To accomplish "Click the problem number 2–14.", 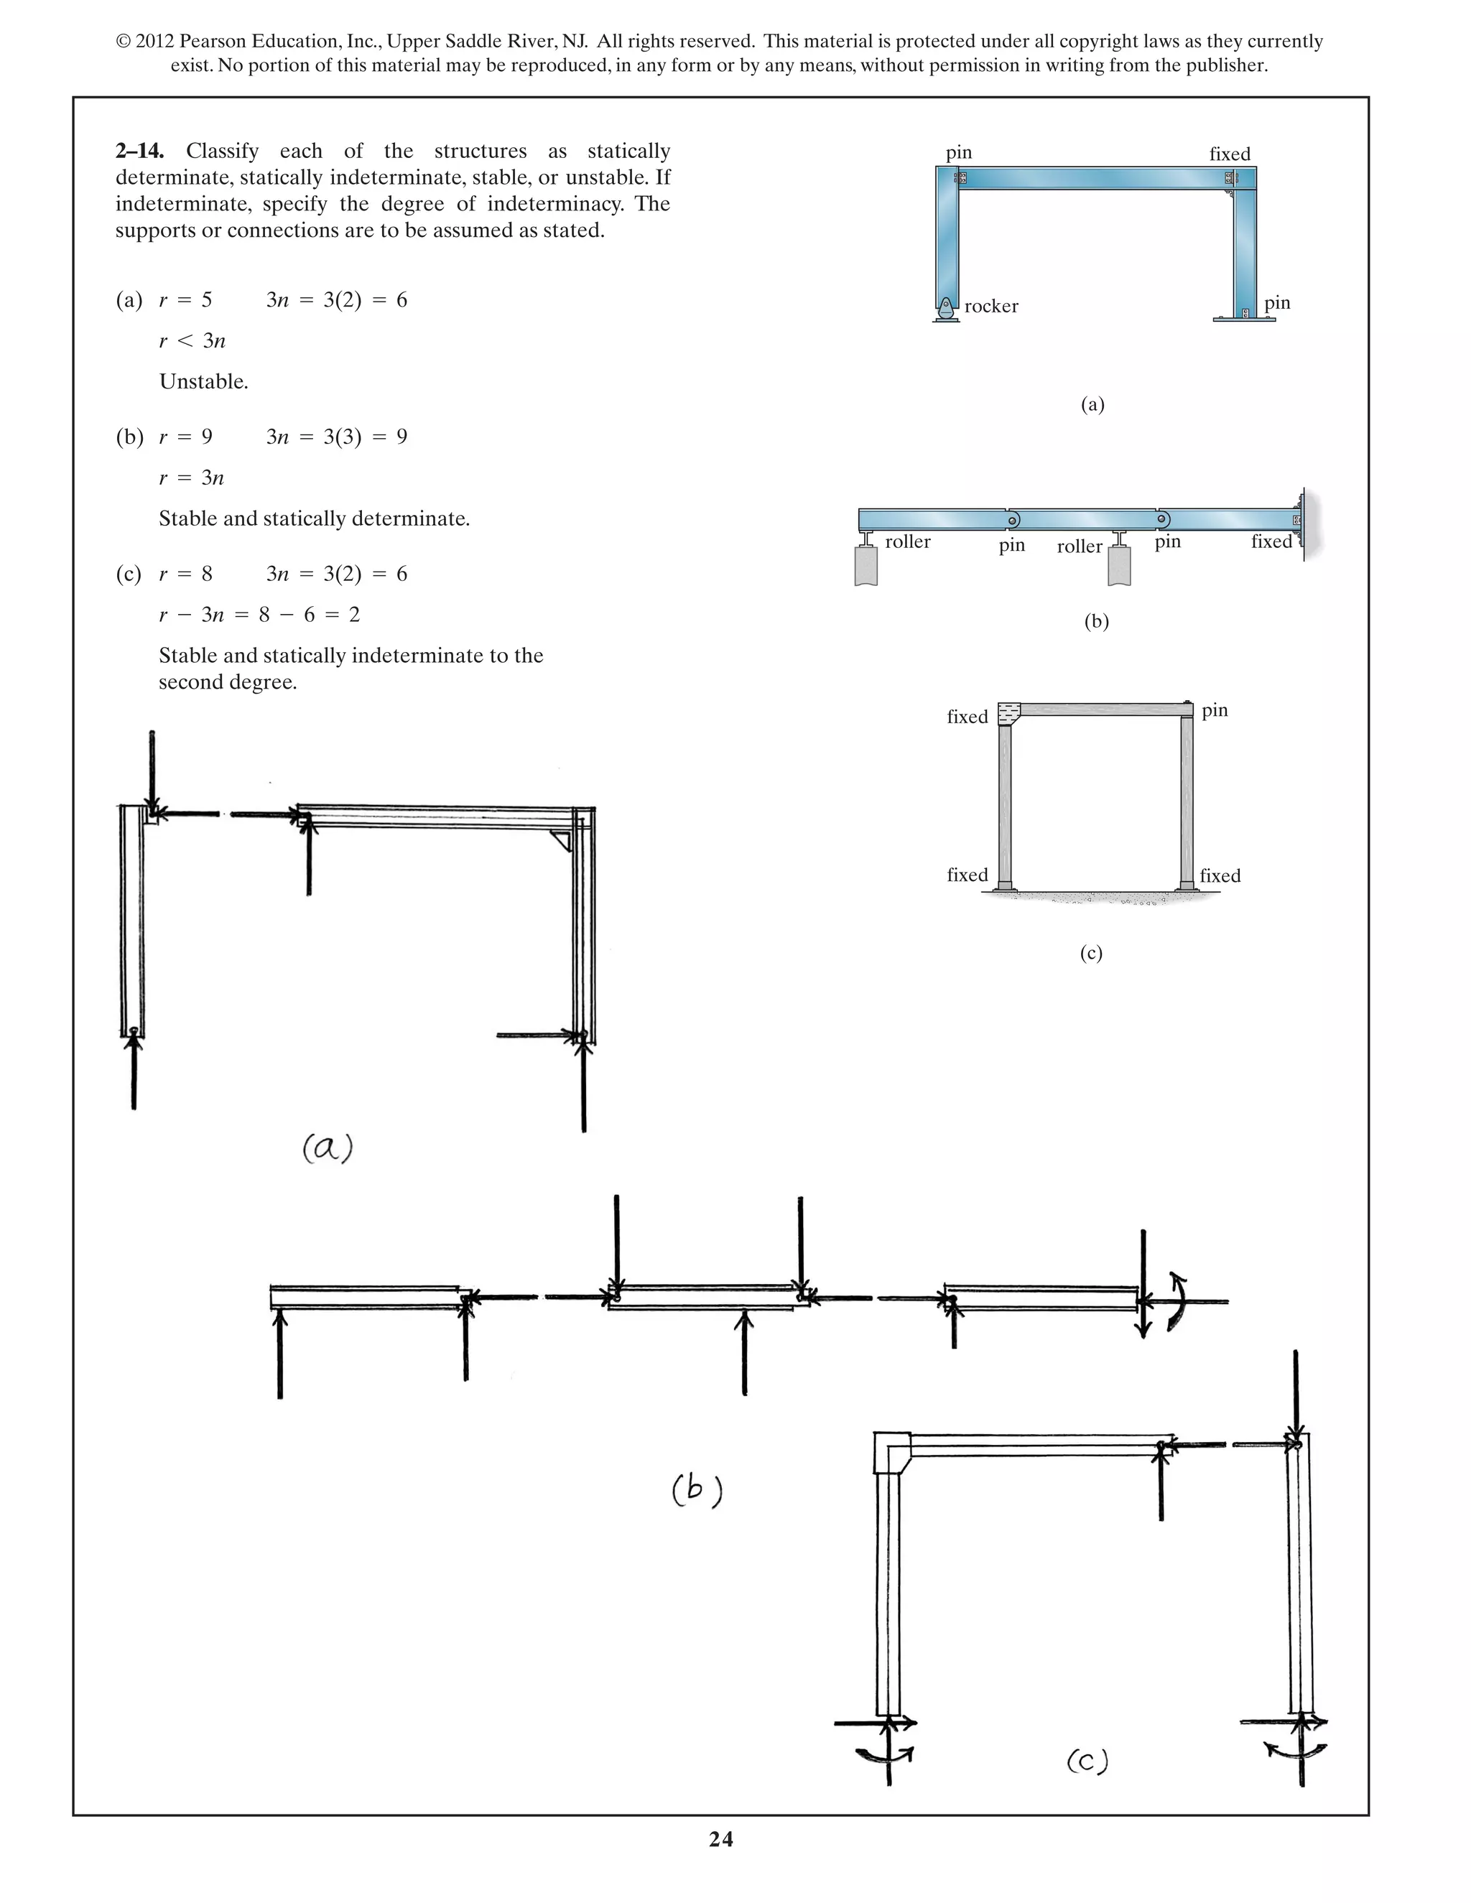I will tap(139, 151).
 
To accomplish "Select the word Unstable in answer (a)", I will tap(203, 381).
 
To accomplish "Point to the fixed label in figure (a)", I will tap(1229, 154).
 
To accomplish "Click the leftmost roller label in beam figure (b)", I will tap(907, 542).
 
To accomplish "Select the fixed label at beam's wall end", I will tap(1271, 542).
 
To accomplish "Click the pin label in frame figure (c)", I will tap(1214, 710).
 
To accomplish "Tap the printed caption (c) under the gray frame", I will tap(1091, 952).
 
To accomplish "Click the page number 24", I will tap(720, 1839).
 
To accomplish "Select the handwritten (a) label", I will tap(328, 1148).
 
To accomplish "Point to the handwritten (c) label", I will tap(1087, 1762).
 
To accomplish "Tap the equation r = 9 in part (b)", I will tap(185, 437).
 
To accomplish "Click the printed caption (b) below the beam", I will tap(1096, 621).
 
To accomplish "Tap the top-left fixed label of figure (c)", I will tap(967, 717).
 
